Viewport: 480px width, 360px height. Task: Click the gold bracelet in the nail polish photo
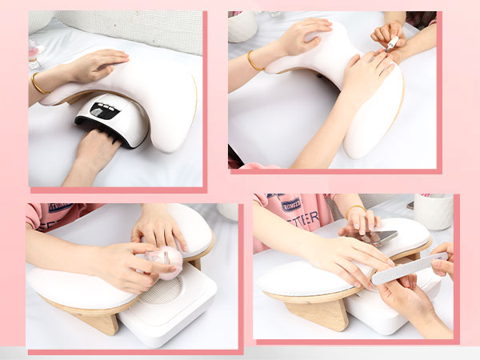(253, 61)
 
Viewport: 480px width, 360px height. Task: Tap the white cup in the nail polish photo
(240, 26)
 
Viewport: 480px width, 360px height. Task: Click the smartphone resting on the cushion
(379, 237)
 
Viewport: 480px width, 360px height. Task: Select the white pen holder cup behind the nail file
(433, 212)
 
